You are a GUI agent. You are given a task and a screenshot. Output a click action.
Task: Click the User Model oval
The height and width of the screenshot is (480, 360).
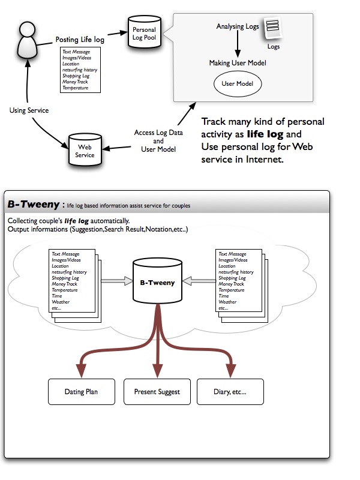(238, 84)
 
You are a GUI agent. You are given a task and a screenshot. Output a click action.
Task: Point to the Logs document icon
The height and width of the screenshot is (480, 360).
(273, 29)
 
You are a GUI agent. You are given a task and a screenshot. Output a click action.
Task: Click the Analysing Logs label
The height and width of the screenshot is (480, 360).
(237, 26)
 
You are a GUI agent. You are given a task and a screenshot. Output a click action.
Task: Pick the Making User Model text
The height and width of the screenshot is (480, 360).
(238, 63)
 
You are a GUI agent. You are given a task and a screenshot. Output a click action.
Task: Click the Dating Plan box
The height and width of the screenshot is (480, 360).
(81, 392)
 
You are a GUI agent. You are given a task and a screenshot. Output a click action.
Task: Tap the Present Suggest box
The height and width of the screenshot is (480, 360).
(157, 392)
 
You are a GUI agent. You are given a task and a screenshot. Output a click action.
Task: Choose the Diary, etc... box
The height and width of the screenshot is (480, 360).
(230, 392)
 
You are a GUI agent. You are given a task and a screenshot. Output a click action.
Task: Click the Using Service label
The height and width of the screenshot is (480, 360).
(29, 110)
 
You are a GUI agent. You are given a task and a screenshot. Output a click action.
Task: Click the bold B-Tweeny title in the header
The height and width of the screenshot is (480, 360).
(32, 205)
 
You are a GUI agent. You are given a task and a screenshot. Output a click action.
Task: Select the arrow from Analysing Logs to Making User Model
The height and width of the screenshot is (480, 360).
(238, 44)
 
